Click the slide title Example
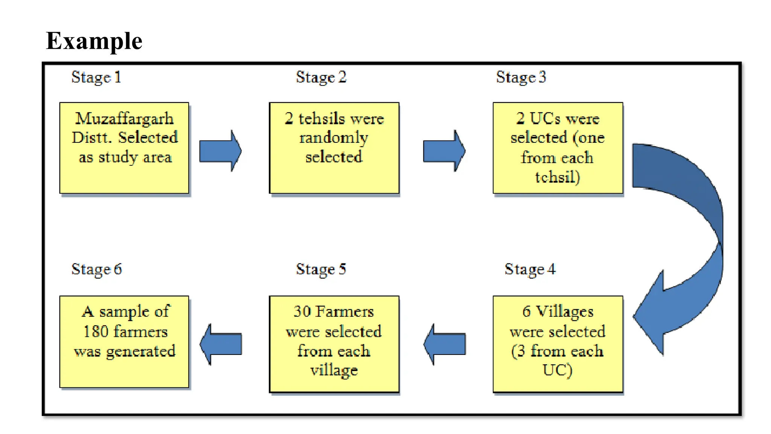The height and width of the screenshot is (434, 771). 94,41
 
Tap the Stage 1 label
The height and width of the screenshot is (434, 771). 96,77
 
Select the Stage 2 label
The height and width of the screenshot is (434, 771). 321,77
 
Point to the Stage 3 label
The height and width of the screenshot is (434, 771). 521,77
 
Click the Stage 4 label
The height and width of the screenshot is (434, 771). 530,269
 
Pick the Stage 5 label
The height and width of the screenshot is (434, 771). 321,269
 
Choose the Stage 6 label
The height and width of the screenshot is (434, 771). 96,269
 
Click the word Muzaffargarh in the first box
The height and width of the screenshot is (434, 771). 124,119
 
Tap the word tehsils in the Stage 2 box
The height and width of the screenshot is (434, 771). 322,119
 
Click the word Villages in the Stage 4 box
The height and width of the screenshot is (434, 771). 564,312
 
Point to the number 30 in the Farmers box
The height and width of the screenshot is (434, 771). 302,312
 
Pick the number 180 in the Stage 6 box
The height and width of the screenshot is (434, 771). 96,332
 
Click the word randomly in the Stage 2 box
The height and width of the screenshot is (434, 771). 334,138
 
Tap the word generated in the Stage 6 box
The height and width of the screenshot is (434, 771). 140,351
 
